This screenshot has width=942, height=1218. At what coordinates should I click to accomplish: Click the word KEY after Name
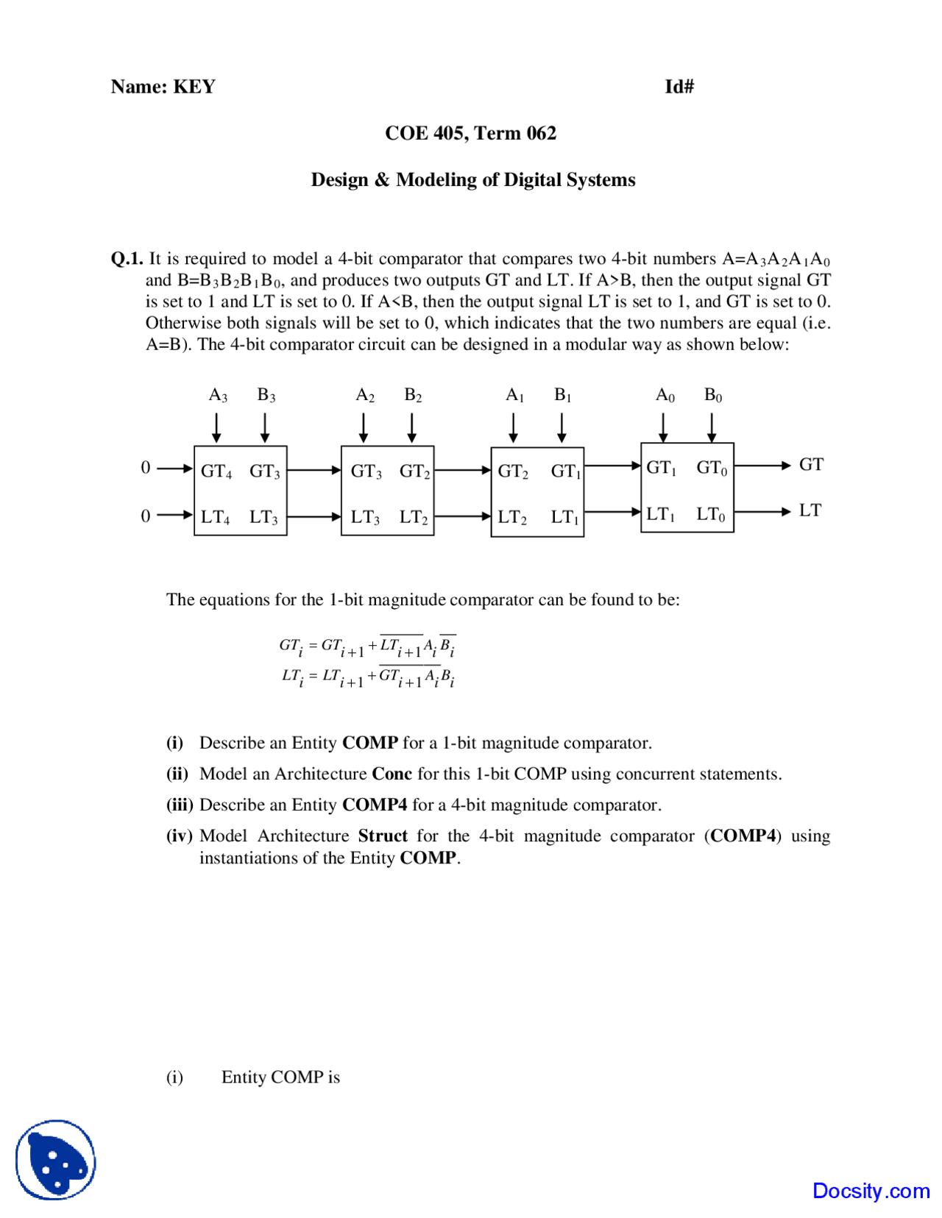[194, 87]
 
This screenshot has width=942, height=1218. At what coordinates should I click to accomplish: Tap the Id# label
[679, 87]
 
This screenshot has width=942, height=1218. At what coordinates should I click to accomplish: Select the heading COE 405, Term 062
[470, 133]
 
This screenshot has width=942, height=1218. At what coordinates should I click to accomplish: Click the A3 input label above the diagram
[218, 396]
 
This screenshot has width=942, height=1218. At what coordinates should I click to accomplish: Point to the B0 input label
[712, 396]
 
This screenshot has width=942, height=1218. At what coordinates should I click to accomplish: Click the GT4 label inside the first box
[216, 471]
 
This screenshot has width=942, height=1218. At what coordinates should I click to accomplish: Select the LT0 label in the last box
[711, 514]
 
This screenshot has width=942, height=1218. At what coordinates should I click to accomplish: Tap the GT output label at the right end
[811, 465]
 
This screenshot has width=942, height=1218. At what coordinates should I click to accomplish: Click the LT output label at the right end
[810, 510]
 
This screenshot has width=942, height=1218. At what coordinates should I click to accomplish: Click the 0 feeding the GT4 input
[146, 468]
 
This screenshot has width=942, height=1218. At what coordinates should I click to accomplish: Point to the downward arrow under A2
[364, 427]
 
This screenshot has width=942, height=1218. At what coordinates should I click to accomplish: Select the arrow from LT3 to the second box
[314, 516]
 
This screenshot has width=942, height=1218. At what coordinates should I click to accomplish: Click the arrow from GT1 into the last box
[612, 465]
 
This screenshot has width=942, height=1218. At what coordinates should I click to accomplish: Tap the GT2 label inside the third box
[513, 471]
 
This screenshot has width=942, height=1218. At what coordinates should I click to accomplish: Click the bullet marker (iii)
[179, 805]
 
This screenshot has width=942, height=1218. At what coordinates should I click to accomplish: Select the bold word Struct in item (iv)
[383, 836]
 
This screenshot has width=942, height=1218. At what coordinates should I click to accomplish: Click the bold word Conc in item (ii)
[392, 774]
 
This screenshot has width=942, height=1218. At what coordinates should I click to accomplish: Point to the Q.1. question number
[127, 259]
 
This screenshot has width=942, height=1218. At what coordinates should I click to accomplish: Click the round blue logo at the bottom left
[56, 1160]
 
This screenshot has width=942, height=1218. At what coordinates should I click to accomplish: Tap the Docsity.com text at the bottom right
[871, 1190]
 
